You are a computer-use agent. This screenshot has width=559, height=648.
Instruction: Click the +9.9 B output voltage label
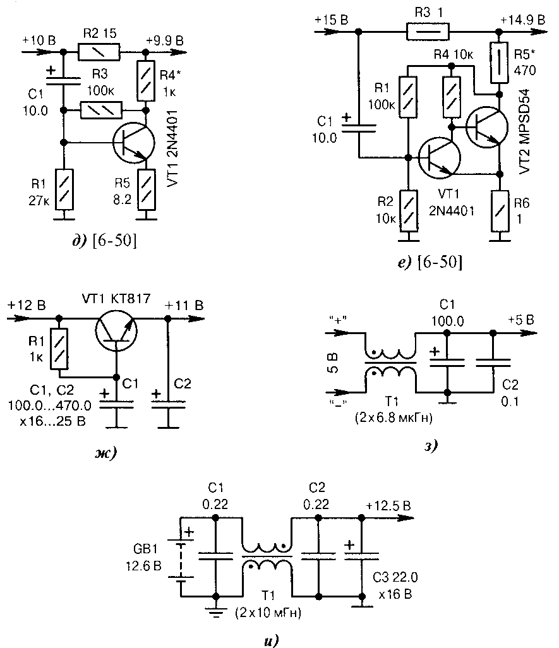click(164, 40)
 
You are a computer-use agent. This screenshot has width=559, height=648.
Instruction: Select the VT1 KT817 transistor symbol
click(116, 330)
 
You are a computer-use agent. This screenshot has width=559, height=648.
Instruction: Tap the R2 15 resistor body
click(99, 52)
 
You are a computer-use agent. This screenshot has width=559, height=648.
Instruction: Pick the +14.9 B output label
click(522, 20)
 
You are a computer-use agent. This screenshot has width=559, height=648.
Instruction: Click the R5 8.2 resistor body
click(147, 189)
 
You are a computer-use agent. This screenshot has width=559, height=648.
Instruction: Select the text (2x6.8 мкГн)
click(394, 418)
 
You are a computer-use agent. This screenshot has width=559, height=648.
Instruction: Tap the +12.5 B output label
click(388, 506)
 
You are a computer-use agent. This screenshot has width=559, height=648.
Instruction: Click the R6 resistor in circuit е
click(500, 211)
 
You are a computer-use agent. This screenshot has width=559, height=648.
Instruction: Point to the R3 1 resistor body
click(428, 32)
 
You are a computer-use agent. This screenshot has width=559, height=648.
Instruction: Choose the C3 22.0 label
click(395, 577)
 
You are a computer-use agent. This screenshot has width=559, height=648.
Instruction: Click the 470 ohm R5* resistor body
click(500, 63)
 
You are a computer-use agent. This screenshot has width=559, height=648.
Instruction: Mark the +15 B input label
click(332, 20)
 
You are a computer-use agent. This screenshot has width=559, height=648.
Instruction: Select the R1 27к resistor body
click(64, 189)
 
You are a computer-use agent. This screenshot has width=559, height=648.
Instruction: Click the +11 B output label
click(184, 306)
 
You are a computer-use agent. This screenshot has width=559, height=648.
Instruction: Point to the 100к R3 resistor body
click(101, 111)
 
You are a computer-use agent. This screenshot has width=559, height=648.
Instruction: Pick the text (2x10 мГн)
click(268, 613)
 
